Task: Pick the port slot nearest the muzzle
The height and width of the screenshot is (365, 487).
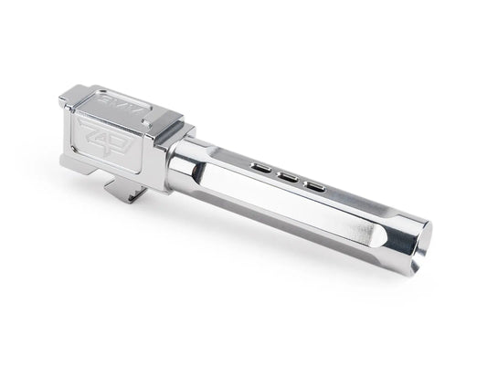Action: (x=313, y=185)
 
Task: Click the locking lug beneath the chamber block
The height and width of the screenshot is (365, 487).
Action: (x=127, y=189)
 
